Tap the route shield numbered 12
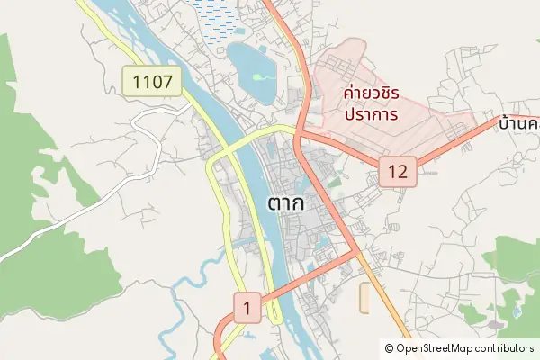[399, 170]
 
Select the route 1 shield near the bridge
[247, 308]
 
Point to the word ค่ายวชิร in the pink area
[372, 93]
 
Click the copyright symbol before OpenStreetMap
[389, 347]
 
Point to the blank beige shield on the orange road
[364, 298]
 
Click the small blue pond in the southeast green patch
[517, 311]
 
